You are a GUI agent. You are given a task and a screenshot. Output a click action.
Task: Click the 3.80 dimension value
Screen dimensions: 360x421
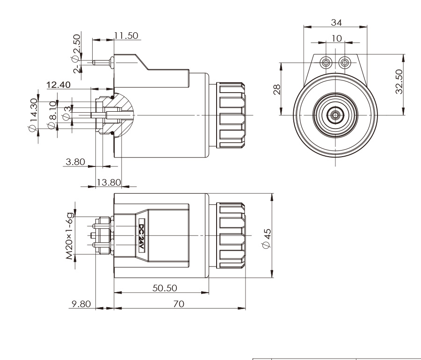tap(75, 162)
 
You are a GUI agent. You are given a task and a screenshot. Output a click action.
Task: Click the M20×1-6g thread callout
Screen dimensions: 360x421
tap(71, 237)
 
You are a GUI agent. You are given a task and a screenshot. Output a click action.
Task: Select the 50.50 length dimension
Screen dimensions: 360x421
tap(163, 288)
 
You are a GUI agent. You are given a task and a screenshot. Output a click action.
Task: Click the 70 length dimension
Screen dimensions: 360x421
tap(179, 303)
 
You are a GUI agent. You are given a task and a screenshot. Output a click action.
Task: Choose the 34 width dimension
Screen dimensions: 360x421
tap(335, 22)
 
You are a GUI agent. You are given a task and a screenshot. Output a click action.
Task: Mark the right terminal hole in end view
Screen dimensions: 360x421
tap(345, 62)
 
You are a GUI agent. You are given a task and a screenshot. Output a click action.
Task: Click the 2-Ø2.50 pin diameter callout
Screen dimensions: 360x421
tap(76, 51)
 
